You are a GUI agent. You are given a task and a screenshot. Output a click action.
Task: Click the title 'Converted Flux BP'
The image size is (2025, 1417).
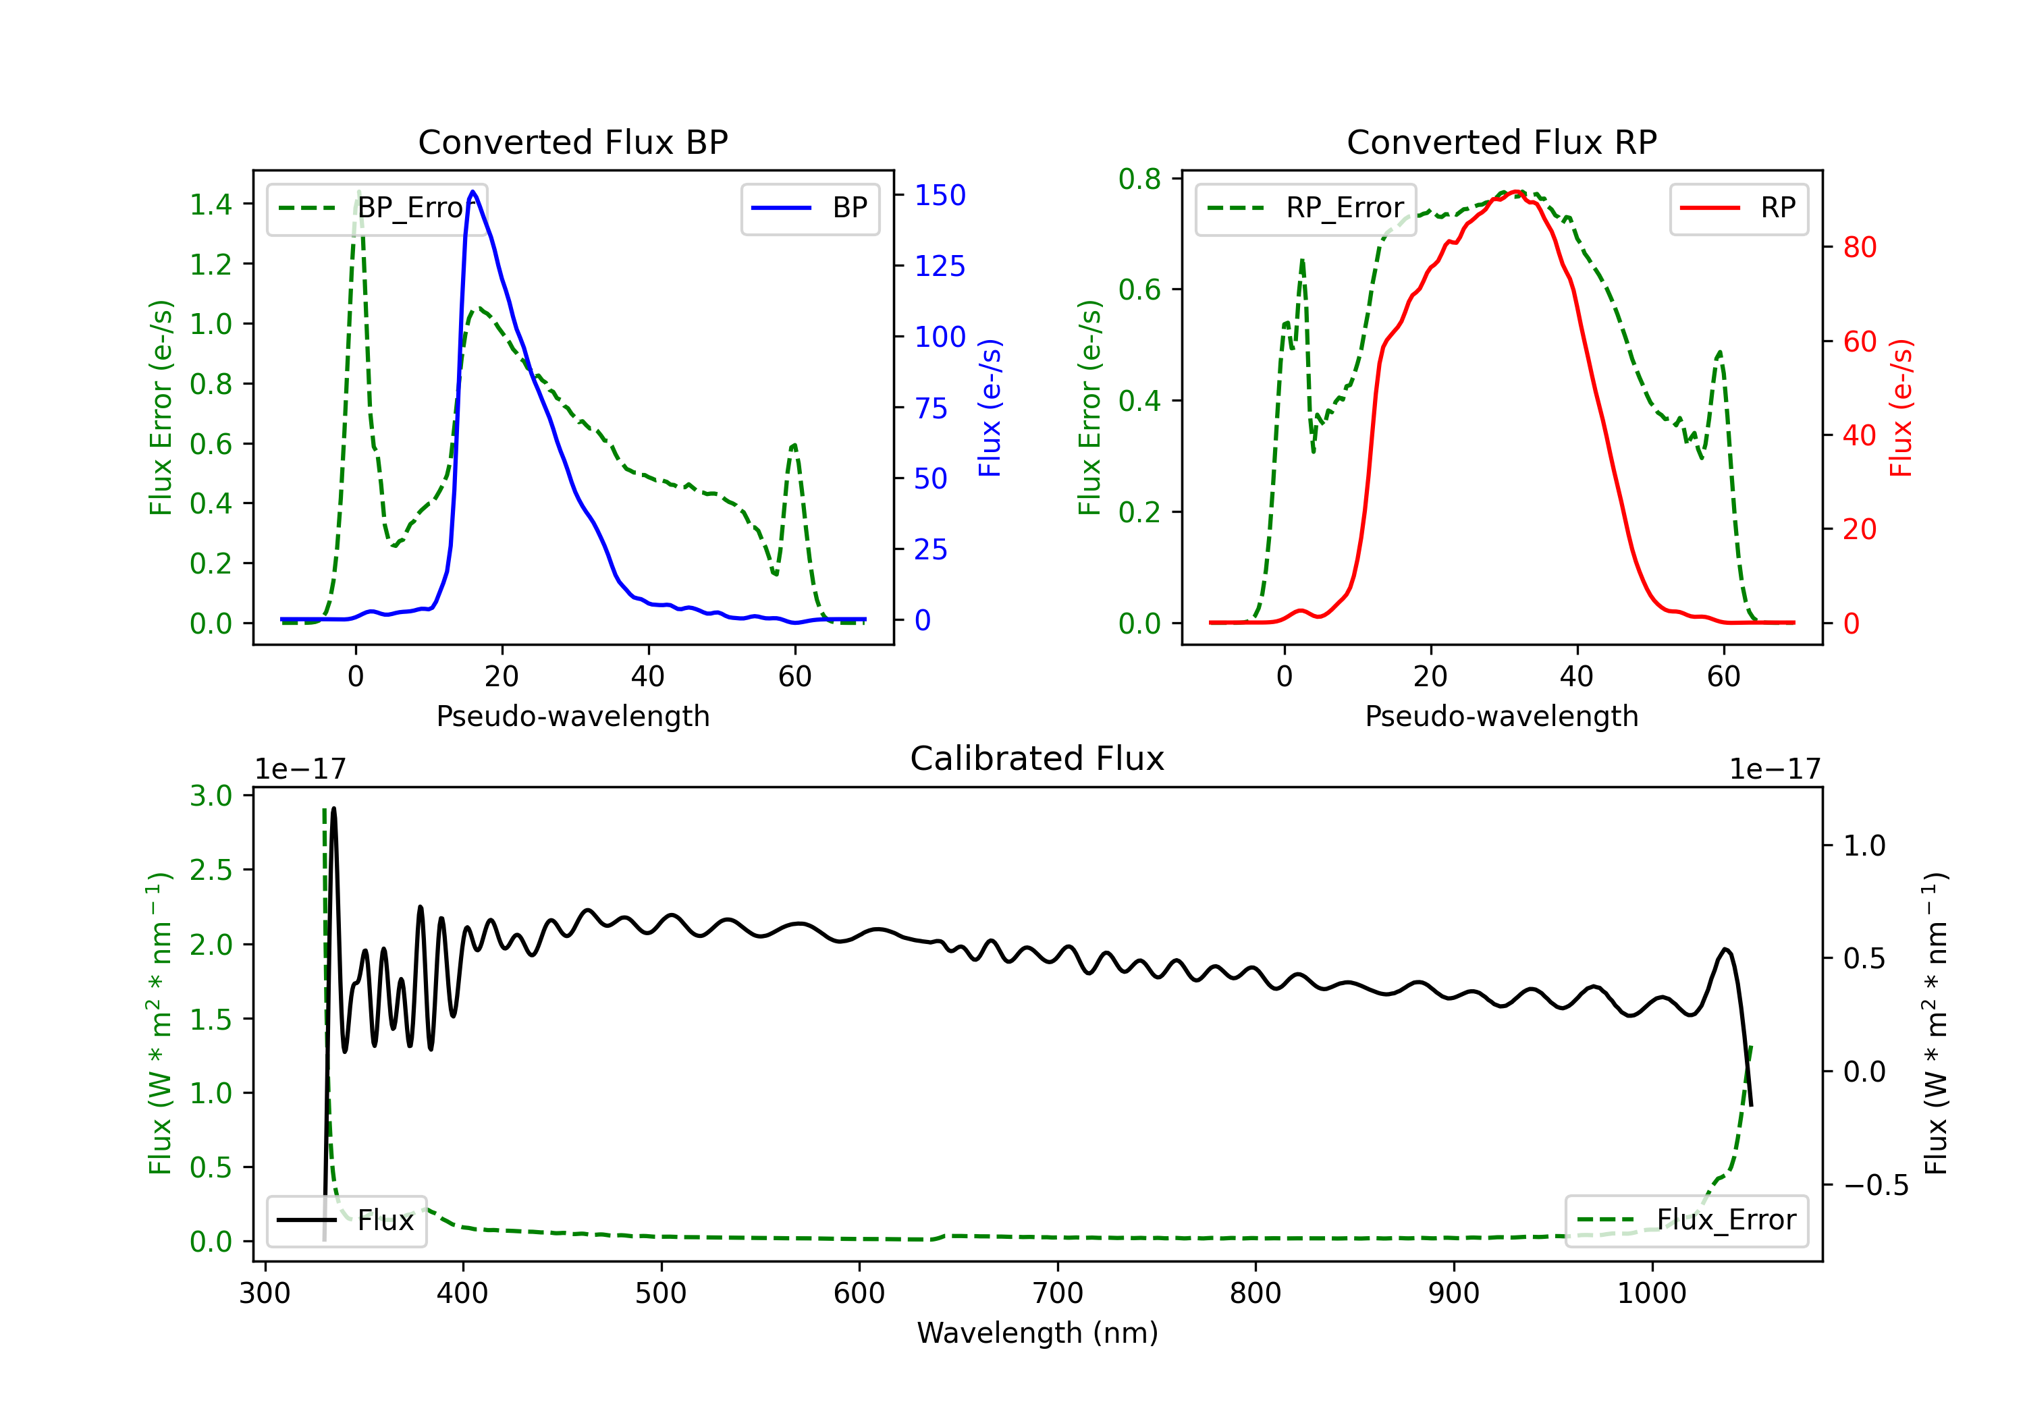[x=572, y=142]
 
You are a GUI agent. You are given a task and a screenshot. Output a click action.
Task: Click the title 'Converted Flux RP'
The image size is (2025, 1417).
[x=1501, y=142]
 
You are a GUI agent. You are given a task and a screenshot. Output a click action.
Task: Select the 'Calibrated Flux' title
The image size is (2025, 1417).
[x=1037, y=758]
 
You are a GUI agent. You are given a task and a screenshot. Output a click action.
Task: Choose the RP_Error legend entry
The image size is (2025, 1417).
[x=1305, y=208]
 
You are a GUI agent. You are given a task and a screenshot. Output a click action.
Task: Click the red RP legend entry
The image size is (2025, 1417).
[x=1738, y=208]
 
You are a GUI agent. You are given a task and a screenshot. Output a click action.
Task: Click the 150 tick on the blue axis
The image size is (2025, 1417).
[x=940, y=195]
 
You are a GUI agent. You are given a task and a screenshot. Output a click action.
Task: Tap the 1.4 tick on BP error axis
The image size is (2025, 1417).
[x=211, y=204]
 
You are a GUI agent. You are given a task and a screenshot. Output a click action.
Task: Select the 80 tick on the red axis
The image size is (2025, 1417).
[x=1859, y=247]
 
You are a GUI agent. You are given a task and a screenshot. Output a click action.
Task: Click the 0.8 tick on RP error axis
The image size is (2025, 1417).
[x=1139, y=179]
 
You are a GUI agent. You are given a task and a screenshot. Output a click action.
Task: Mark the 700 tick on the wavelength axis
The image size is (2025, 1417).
[x=1058, y=1293]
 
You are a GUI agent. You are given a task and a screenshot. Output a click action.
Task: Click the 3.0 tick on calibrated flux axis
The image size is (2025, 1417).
[x=211, y=796]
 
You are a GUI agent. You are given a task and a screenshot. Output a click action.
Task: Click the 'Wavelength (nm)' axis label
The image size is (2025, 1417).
[x=1037, y=1333]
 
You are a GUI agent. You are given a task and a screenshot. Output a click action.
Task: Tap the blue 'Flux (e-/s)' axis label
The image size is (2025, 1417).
[x=990, y=408]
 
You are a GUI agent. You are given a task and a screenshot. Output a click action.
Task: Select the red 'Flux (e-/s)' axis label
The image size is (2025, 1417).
[x=1901, y=408]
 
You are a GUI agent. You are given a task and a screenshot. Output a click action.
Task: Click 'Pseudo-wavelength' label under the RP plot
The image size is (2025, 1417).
[x=1501, y=716]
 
